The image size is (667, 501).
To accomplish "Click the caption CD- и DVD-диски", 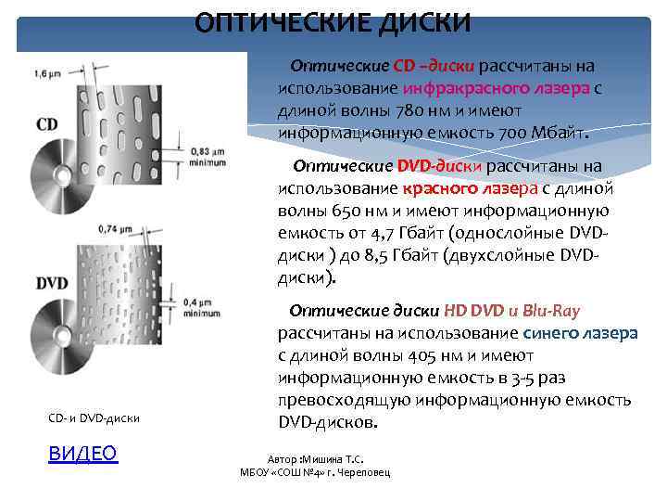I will (94, 418).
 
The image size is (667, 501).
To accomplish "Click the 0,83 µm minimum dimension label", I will (208, 156).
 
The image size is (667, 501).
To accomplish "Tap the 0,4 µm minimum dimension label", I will (203, 308).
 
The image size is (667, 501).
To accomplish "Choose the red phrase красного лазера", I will (453, 190).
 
